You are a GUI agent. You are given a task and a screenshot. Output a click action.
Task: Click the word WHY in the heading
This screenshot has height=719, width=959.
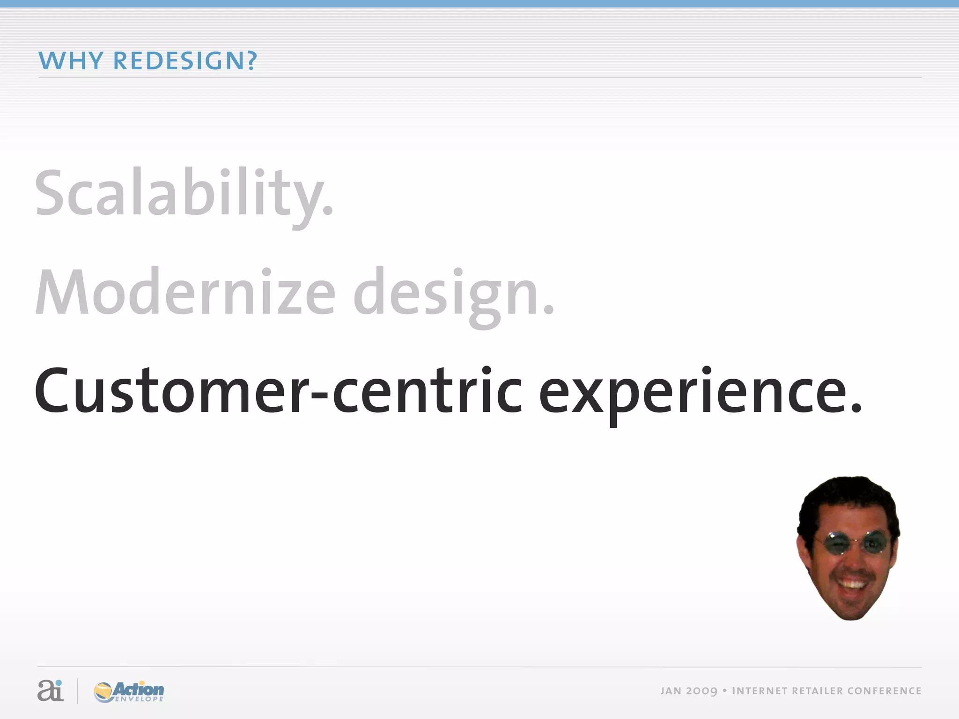(70, 61)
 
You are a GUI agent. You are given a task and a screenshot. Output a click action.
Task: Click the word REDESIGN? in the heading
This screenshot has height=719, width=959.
(185, 61)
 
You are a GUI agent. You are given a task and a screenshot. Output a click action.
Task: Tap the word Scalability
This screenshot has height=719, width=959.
(184, 194)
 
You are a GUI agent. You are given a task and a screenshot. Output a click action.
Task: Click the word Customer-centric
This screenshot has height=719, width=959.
(278, 392)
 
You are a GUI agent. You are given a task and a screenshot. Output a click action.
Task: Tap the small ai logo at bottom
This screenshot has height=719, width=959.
(50, 690)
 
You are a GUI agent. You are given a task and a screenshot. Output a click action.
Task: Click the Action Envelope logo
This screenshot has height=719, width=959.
(129, 691)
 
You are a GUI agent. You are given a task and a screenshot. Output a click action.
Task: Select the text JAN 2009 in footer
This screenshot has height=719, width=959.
(689, 691)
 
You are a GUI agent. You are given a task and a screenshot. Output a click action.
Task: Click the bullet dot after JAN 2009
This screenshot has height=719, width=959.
(724, 690)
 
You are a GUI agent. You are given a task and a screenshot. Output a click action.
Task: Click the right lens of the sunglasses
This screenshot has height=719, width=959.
(873, 543)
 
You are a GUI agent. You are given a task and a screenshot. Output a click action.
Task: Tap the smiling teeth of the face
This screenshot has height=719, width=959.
(852, 585)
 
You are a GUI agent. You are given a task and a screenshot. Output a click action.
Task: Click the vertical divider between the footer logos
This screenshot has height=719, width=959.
(77, 691)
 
